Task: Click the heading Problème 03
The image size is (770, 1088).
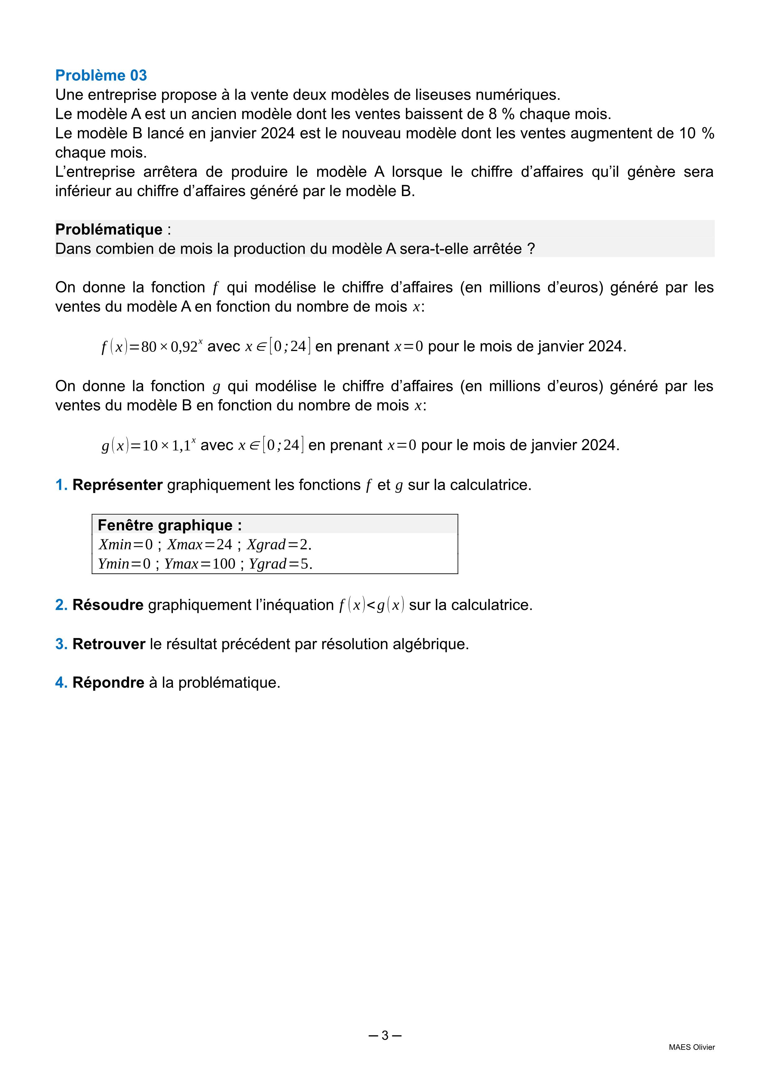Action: coord(101,75)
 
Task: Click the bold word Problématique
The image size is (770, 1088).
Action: coord(109,229)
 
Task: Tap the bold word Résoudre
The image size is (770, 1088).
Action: coord(108,605)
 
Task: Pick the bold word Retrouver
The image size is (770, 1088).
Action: coord(109,644)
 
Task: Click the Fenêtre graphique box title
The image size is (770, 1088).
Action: coord(170,525)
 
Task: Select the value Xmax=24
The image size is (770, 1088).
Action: coord(200,545)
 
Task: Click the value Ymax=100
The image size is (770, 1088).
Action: coord(200,564)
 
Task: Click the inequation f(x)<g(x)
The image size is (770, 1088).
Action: coord(371,605)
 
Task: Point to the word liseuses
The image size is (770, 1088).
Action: coord(443,95)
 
